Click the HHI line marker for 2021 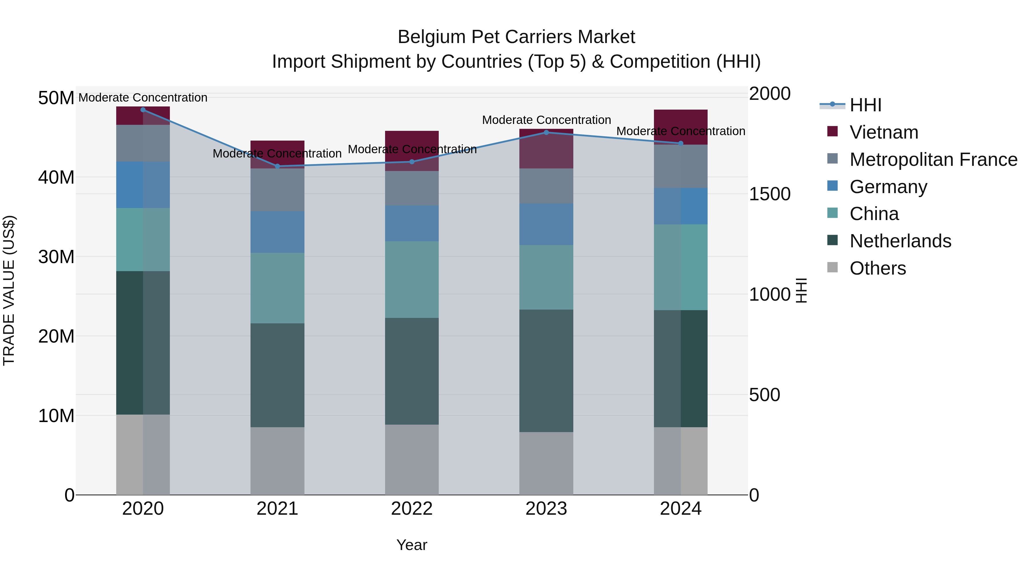pyautogui.click(x=277, y=166)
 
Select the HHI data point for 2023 pyautogui.click(x=546, y=132)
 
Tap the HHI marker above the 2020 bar pyautogui.click(x=143, y=110)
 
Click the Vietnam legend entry pyautogui.click(x=884, y=132)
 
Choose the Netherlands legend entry pyautogui.click(x=900, y=241)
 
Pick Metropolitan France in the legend pyautogui.click(x=933, y=160)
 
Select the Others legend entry pyautogui.click(x=877, y=268)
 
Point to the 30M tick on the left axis pyautogui.click(x=56, y=257)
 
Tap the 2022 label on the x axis pyautogui.click(x=411, y=509)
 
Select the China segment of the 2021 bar pyautogui.click(x=277, y=288)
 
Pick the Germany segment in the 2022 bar pyautogui.click(x=411, y=223)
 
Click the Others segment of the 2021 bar pyautogui.click(x=277, y=461)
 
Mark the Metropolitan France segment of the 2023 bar pyautogui.click(x=546, y=186)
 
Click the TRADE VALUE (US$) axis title pyautogui.click(x=9, y=290)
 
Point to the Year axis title pyautogui.click(x=411, y=545)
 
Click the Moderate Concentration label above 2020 pyautogui.click(x=143, y=98)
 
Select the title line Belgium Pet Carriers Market pyautogui.click(x=516, y=37)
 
